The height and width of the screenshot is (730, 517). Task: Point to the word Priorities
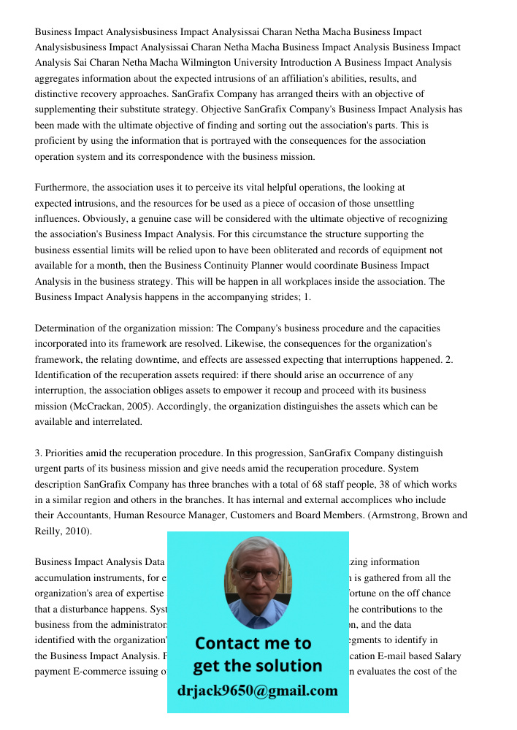tap(66, 453)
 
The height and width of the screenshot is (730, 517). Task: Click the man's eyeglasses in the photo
tap(258, 574)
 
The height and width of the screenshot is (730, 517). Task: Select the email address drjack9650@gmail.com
tap(257, 690)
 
